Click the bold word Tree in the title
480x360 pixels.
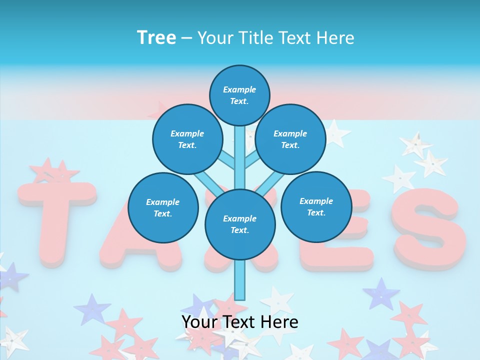(x=156, y=37)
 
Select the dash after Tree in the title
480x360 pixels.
(x=186, y=38)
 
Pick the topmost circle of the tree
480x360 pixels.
(x=239, y=95)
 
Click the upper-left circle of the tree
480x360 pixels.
(x=187, y=139)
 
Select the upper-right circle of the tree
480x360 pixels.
(x=290, y=139)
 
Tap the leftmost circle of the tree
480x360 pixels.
(x=163, y=207)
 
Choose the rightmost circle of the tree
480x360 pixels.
(x=316, y=206)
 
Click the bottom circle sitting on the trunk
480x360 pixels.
(x=240, y=224)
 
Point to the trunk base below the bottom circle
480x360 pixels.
(x=240, y=280)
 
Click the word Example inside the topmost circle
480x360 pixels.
(x=239, y=89)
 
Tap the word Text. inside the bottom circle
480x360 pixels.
(x=239, y=230)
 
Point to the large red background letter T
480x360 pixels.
(x=55, y=220)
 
